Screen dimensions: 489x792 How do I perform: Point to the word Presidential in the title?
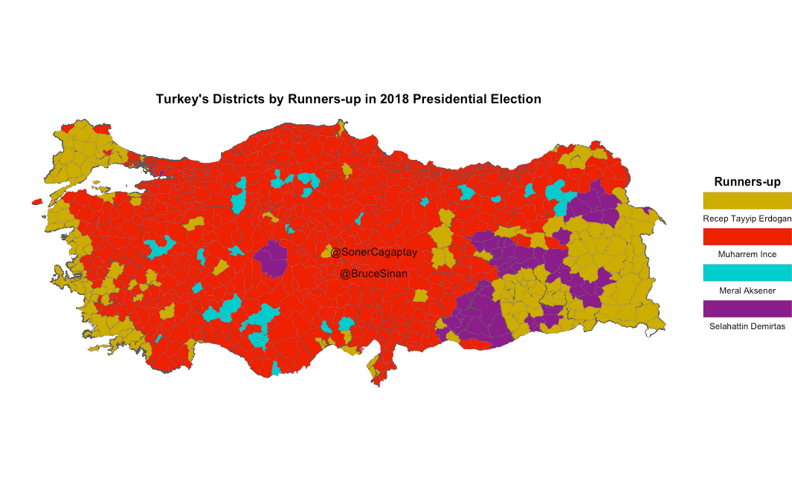[x=448, y=99]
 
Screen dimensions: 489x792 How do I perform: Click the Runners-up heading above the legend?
[x=747, y=182]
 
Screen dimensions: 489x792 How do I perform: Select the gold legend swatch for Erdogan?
[x=747, y=200]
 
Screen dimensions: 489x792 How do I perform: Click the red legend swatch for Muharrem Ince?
[x=747, y=236]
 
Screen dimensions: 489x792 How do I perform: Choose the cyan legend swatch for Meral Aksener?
[x=747, y=273]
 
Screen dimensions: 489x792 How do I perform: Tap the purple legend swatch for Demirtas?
[x=747, y=308]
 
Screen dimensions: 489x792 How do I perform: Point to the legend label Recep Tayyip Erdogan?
[x=747, y=218]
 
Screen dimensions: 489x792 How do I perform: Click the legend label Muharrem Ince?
[x=747, y=254]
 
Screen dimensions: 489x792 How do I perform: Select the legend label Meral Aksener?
[x=747, y=291]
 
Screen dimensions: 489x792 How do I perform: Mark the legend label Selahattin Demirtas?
[x=747, y=326]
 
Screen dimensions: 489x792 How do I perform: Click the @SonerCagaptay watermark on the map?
[x=374, y=253]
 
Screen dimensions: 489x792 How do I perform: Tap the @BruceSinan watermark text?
[x=374, y=274]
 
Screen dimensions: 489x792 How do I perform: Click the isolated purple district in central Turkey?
[x=271, y=258]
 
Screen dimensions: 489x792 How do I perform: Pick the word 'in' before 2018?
[x=370, y=99]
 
